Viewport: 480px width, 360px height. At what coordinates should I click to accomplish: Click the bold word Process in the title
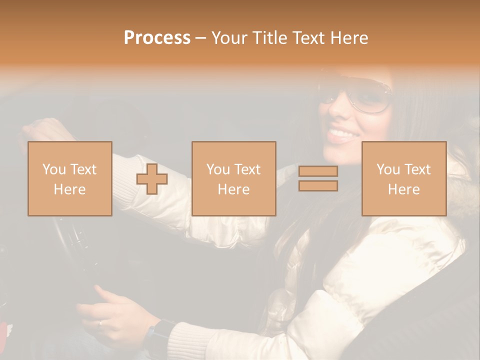click(157, 38)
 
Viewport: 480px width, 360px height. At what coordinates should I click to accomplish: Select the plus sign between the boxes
click(152, 179)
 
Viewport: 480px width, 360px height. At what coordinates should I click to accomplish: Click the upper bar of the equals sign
click(318, 171)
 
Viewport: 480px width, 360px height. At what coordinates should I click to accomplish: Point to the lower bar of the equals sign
click(318, 186)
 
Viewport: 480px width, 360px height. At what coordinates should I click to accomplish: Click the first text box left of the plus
click(69, 178)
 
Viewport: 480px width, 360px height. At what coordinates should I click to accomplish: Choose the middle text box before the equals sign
click(233, 178)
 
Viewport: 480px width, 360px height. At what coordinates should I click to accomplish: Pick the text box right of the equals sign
click(403, 178)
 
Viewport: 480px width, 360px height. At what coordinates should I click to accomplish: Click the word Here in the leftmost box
click(69, 189)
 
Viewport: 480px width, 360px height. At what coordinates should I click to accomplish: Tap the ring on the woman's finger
click(100, 323)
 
